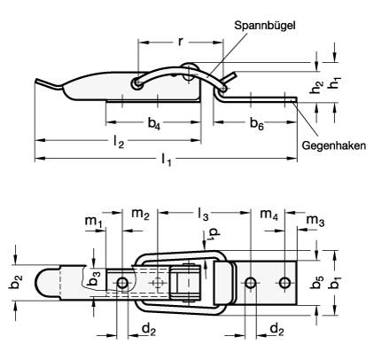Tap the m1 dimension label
point(91,219)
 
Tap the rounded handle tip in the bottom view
point(44,282)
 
